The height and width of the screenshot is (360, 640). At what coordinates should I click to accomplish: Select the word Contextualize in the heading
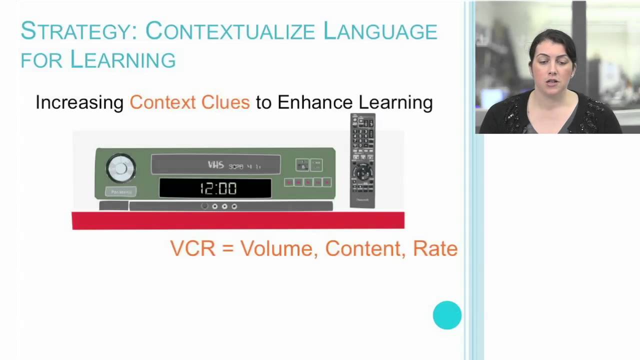click(x=230, y=31)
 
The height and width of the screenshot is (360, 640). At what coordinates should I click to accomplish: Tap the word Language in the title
click(x=380, y=31)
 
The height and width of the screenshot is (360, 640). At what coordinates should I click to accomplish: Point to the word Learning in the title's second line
click(x=122, y=59)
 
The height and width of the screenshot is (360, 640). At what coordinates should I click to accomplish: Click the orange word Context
click(x=162, y=102)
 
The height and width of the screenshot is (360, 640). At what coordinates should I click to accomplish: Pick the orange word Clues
click(x=225, y=102)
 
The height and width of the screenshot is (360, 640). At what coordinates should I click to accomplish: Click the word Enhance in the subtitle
click(x=315, y=102)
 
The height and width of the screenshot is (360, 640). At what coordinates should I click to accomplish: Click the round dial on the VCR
click(x=120, y=168)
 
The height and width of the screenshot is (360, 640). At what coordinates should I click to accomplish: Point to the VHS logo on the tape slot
click(x=215, y=165)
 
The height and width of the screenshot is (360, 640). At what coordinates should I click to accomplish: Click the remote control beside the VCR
click(x=362, y=160)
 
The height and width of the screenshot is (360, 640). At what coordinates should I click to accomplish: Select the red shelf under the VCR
click(x=238, y=220)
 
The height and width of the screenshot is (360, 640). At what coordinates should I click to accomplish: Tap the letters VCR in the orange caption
click(x=193, y=248)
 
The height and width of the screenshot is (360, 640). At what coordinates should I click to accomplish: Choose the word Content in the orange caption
click(x=364, y=248)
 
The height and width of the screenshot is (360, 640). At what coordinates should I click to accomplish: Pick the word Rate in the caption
click(x=435, y=248)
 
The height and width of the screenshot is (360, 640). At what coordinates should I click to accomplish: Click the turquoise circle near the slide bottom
click(x=447, y=315)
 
